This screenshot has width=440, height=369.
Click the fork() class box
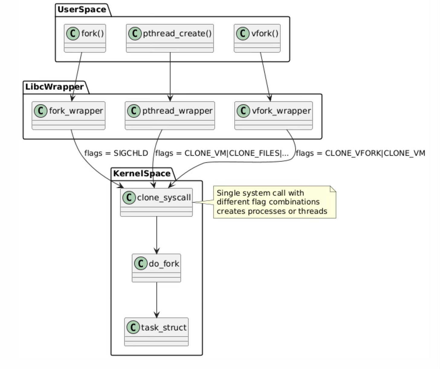(85, 38)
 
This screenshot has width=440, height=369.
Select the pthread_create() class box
(170, 38)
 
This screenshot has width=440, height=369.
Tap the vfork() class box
(257, 38)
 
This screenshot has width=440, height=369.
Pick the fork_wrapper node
(69, 115)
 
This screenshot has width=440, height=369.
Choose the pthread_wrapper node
(170, 115)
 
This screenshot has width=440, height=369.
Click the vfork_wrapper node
(273, 115)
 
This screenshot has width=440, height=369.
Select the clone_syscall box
(156, 202)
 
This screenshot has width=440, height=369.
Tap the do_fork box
(156, 268)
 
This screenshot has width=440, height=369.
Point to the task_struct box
(156, 332)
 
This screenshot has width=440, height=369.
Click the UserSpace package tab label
(82, 10)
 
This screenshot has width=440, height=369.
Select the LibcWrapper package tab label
(54, 87)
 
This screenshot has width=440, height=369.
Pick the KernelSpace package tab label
(141, 174)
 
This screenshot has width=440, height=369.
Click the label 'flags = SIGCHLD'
(116, 153)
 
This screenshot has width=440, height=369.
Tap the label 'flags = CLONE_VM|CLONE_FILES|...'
(222, 153)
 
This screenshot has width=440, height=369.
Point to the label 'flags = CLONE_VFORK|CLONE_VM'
(360, 153)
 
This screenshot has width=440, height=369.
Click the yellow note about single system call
(274, 202)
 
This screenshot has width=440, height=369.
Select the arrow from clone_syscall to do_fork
(157, 235)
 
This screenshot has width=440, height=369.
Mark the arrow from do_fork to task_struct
(157, 300)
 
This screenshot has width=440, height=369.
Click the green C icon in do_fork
(141, 264)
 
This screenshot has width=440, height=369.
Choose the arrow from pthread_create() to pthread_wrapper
(170, 77)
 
